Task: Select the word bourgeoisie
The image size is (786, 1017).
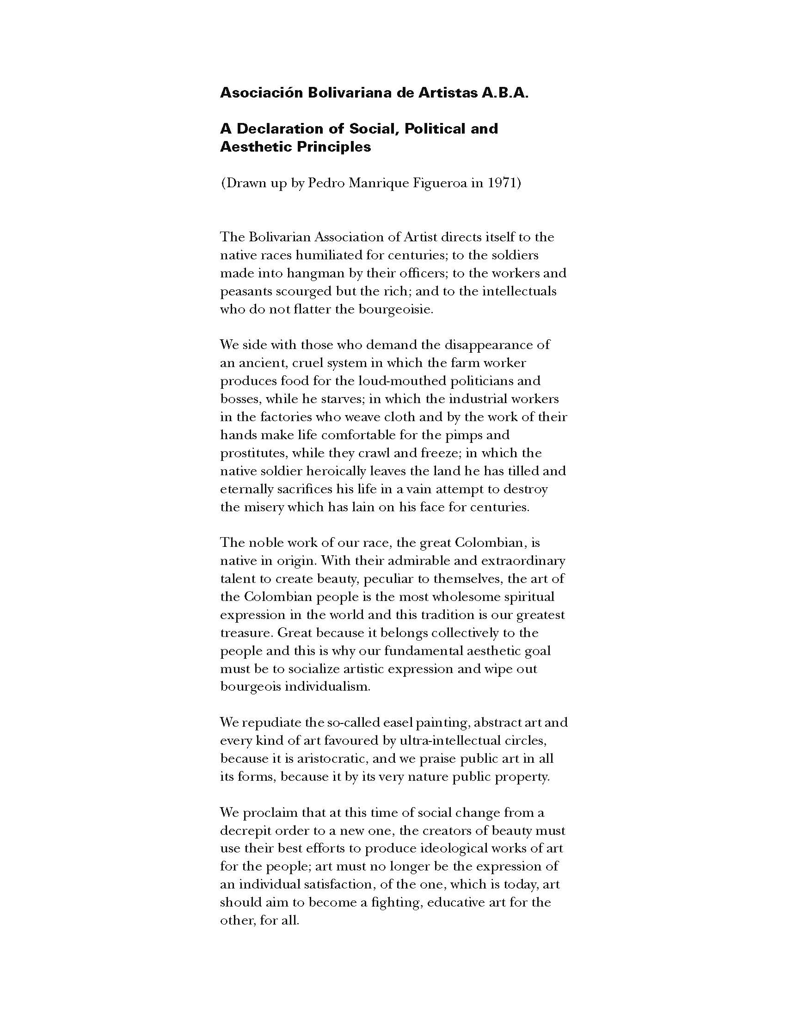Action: pos(395,310)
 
